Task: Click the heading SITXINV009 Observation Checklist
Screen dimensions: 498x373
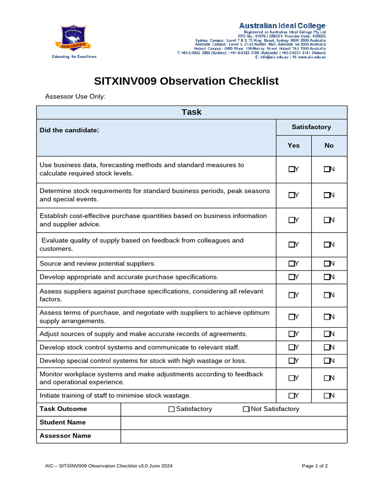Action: click(x=186, y=81)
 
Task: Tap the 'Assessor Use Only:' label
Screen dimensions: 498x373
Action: click(x=75, y=97)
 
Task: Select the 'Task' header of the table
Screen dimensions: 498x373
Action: click(x=191, y=112)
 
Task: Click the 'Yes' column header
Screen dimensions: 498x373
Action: click(x=293, y=145)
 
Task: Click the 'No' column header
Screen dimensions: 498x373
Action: click(x=329, y=145)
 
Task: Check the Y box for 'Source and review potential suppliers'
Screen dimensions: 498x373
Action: click(x=291, y=264)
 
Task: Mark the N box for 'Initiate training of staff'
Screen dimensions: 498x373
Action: click(x=327, y=395)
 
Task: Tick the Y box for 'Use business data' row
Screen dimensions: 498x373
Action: click(x=291, y=169)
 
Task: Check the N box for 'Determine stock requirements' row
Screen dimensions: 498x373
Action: click(x=327, y=195)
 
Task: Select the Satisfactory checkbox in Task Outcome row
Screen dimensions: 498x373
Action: click(x=171, y=409)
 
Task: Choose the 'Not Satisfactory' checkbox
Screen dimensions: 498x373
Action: click(x=246, y=409)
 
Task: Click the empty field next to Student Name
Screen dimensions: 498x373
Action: click(x=234, y=423)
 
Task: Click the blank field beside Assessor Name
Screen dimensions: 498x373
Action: click(x=234, y=436)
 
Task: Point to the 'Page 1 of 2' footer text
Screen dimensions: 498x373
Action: click(x=315, y=466)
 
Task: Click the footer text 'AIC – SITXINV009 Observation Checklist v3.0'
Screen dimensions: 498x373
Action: click(x=109, y=466)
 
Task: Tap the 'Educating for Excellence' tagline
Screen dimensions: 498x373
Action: click(x=74, y=56)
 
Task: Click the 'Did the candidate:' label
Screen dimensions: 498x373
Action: click(x=69, y=130)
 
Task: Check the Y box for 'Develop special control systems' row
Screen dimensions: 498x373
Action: click(x=291, y=361)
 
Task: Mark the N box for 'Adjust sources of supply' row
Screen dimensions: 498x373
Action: click(x=327, y=334)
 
